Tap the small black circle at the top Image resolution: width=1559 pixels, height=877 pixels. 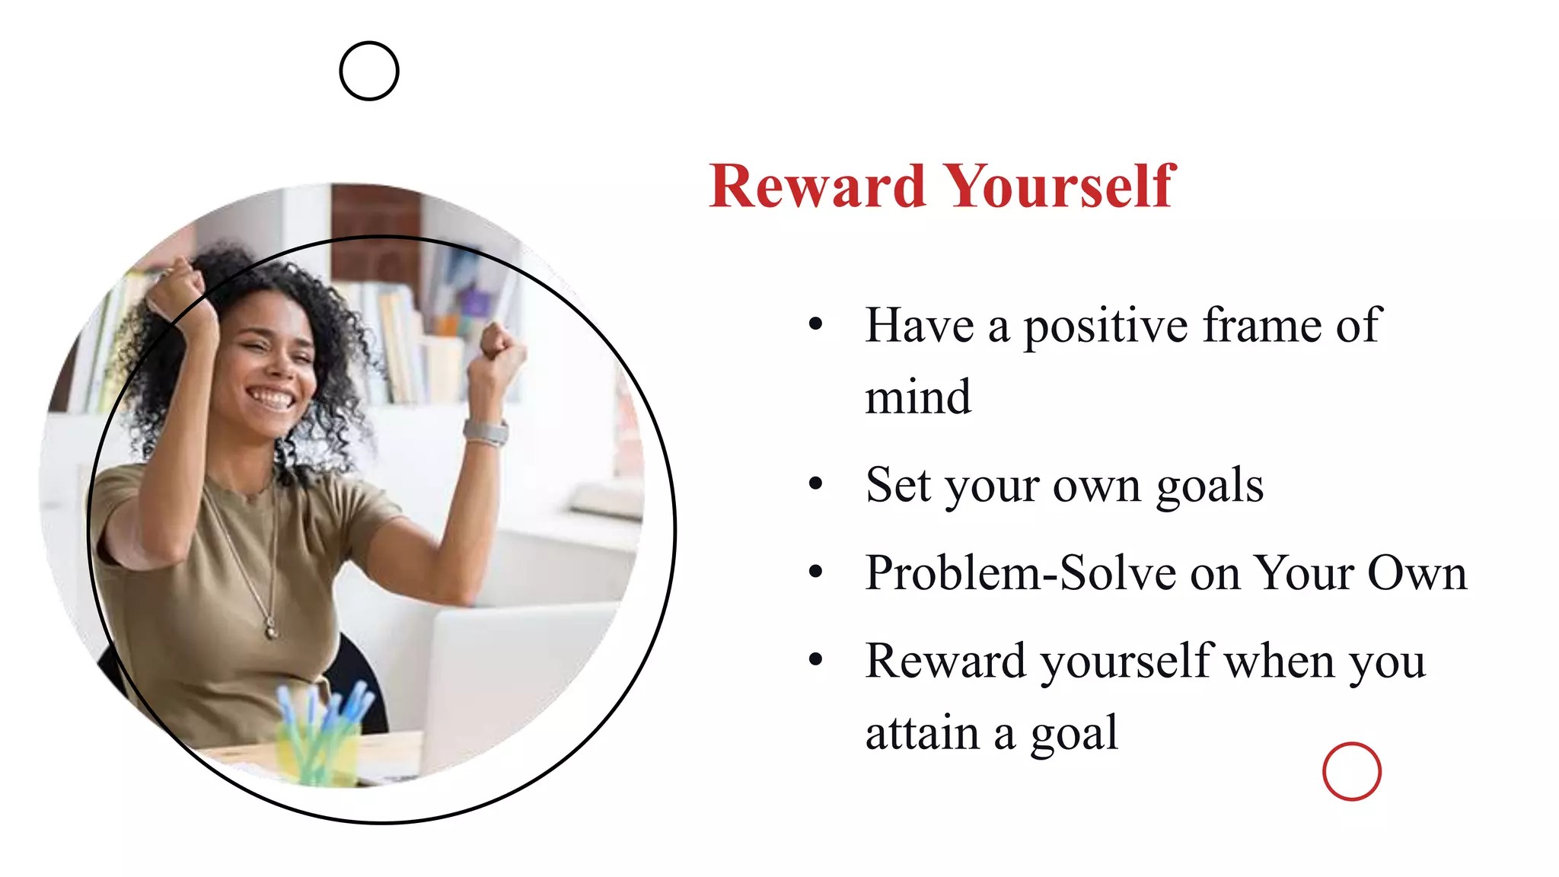(x=369, y=71)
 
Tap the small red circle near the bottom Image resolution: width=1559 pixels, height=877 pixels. (x=1352, y=771)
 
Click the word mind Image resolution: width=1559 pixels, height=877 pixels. (x=918, y=397)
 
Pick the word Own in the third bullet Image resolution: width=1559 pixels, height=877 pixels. (x=1417, y=572)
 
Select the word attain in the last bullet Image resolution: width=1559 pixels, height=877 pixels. (x=922, y=734)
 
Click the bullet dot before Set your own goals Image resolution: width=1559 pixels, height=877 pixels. (x=816, y=483)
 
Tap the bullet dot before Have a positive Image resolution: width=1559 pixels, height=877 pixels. (x=816, y=324)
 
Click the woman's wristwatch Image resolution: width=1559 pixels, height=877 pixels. (x=486, y=432)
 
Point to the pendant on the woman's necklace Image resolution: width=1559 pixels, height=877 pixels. (x=270, y=630)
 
